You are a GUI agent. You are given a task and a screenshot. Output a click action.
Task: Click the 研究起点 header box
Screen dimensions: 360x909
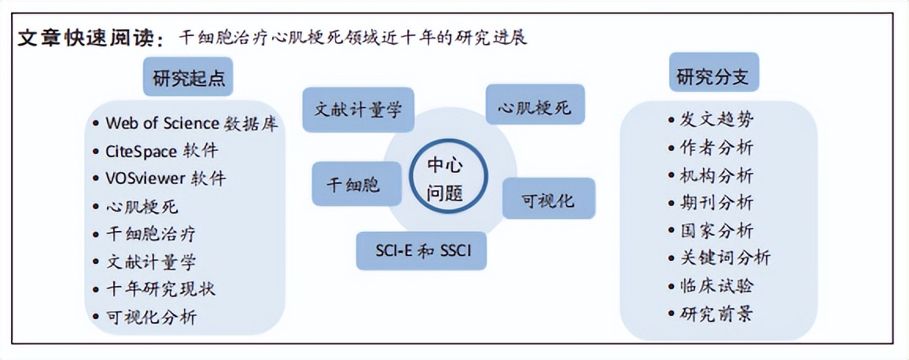tap(187, 77)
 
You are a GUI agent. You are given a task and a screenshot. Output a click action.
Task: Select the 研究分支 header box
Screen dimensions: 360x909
tap(713, 76)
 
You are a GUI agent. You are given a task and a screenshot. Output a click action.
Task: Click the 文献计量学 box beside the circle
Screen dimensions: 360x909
tap(358, 109)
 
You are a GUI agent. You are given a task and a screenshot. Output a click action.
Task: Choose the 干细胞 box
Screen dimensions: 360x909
tap(353, 185)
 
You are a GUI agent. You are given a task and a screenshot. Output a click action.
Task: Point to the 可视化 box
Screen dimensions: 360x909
tap(548, 200)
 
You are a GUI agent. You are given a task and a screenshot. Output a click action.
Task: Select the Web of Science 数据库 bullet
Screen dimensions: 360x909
tap(192, 123)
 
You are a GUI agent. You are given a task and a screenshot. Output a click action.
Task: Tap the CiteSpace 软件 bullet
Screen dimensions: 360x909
tap(161, 150)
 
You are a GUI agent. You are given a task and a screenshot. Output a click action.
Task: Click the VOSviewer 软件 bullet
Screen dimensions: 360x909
tap(165, 178)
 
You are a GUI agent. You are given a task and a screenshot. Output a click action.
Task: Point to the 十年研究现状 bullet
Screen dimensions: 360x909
tap(160, 288)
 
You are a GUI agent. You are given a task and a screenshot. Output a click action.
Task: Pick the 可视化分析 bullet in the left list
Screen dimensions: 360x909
tap(151, 317)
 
